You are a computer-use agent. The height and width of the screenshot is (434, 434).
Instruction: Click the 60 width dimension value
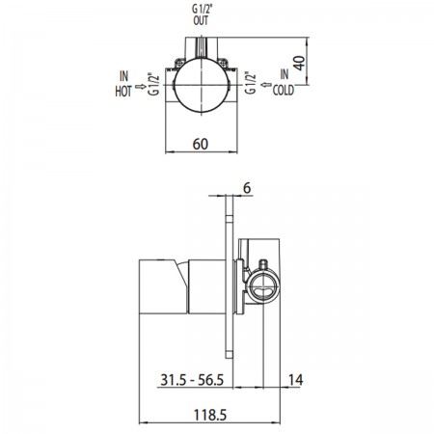point(201,144)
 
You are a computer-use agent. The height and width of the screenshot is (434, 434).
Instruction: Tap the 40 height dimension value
point(299,63)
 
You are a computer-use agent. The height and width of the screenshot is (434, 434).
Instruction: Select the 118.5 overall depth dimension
point(210,415)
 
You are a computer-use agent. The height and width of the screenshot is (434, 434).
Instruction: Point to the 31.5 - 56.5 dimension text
point(192,380)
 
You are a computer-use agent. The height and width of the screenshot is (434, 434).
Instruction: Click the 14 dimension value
point(295,380)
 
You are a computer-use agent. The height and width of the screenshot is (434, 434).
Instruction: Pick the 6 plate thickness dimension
point(247,188)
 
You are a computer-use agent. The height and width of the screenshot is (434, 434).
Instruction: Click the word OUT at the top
point(201,20)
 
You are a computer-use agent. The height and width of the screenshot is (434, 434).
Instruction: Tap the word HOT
point(123,92)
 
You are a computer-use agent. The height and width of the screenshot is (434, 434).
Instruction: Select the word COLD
point(284,90)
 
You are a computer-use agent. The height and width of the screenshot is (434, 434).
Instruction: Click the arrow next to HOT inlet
point(141,87)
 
